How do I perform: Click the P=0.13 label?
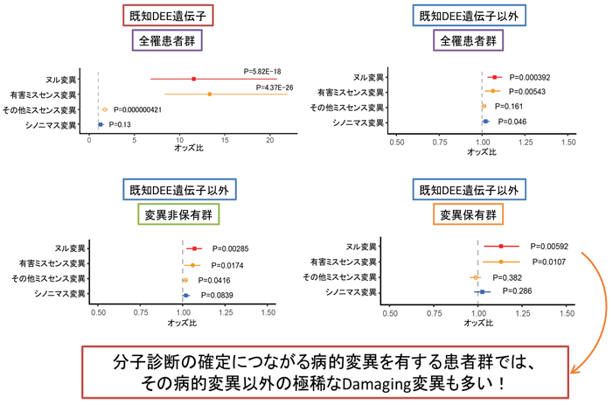pyautogui.click(x=120, y=124)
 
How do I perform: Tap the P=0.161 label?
pyautogui.click(x=511, y=107)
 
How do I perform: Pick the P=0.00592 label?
pyautogui.click(x=549, y=246)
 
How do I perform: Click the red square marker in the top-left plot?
pyautogui.click(x=193, y=79)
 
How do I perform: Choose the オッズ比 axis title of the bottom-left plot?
pyautogui.click(x=185, y=322)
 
